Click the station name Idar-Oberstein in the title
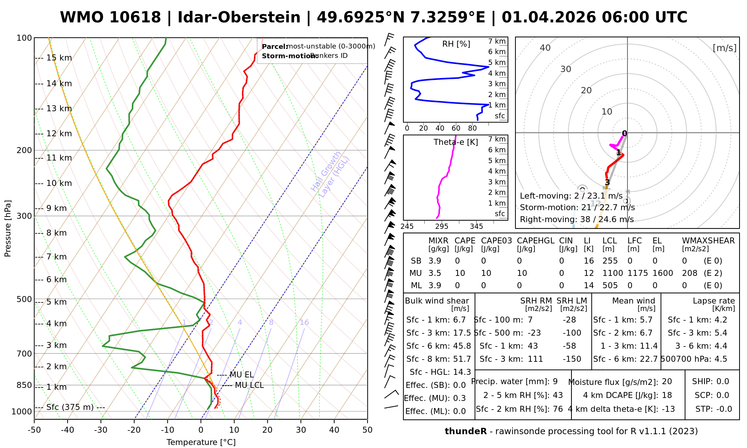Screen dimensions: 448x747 (x=239, y=18)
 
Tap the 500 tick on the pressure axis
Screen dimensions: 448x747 (x=24, y=299)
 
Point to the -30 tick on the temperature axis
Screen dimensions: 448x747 (x=100, y=430)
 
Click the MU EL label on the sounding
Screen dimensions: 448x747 (x=242, y=375)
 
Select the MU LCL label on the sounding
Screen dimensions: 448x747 (x=249, y=385)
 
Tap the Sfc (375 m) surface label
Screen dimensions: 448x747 (x=70, y=407)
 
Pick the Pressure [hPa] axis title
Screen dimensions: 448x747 (x=8, y=228)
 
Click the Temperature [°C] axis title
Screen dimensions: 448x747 (x=201, y=442)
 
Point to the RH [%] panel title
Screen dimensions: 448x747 (x=456, y=44)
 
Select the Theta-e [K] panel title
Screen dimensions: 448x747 (x=456, y=142)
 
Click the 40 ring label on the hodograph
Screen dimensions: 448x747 (x=545, y=48)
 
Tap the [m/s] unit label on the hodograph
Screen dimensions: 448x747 (x=725, y=48)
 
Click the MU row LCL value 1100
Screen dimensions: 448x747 (x=613, y=273)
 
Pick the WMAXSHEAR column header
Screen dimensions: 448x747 (x=708, y=241)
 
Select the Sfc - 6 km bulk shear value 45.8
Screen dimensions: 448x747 (x=461, y=346)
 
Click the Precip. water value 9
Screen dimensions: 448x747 (x=555, y=382)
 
